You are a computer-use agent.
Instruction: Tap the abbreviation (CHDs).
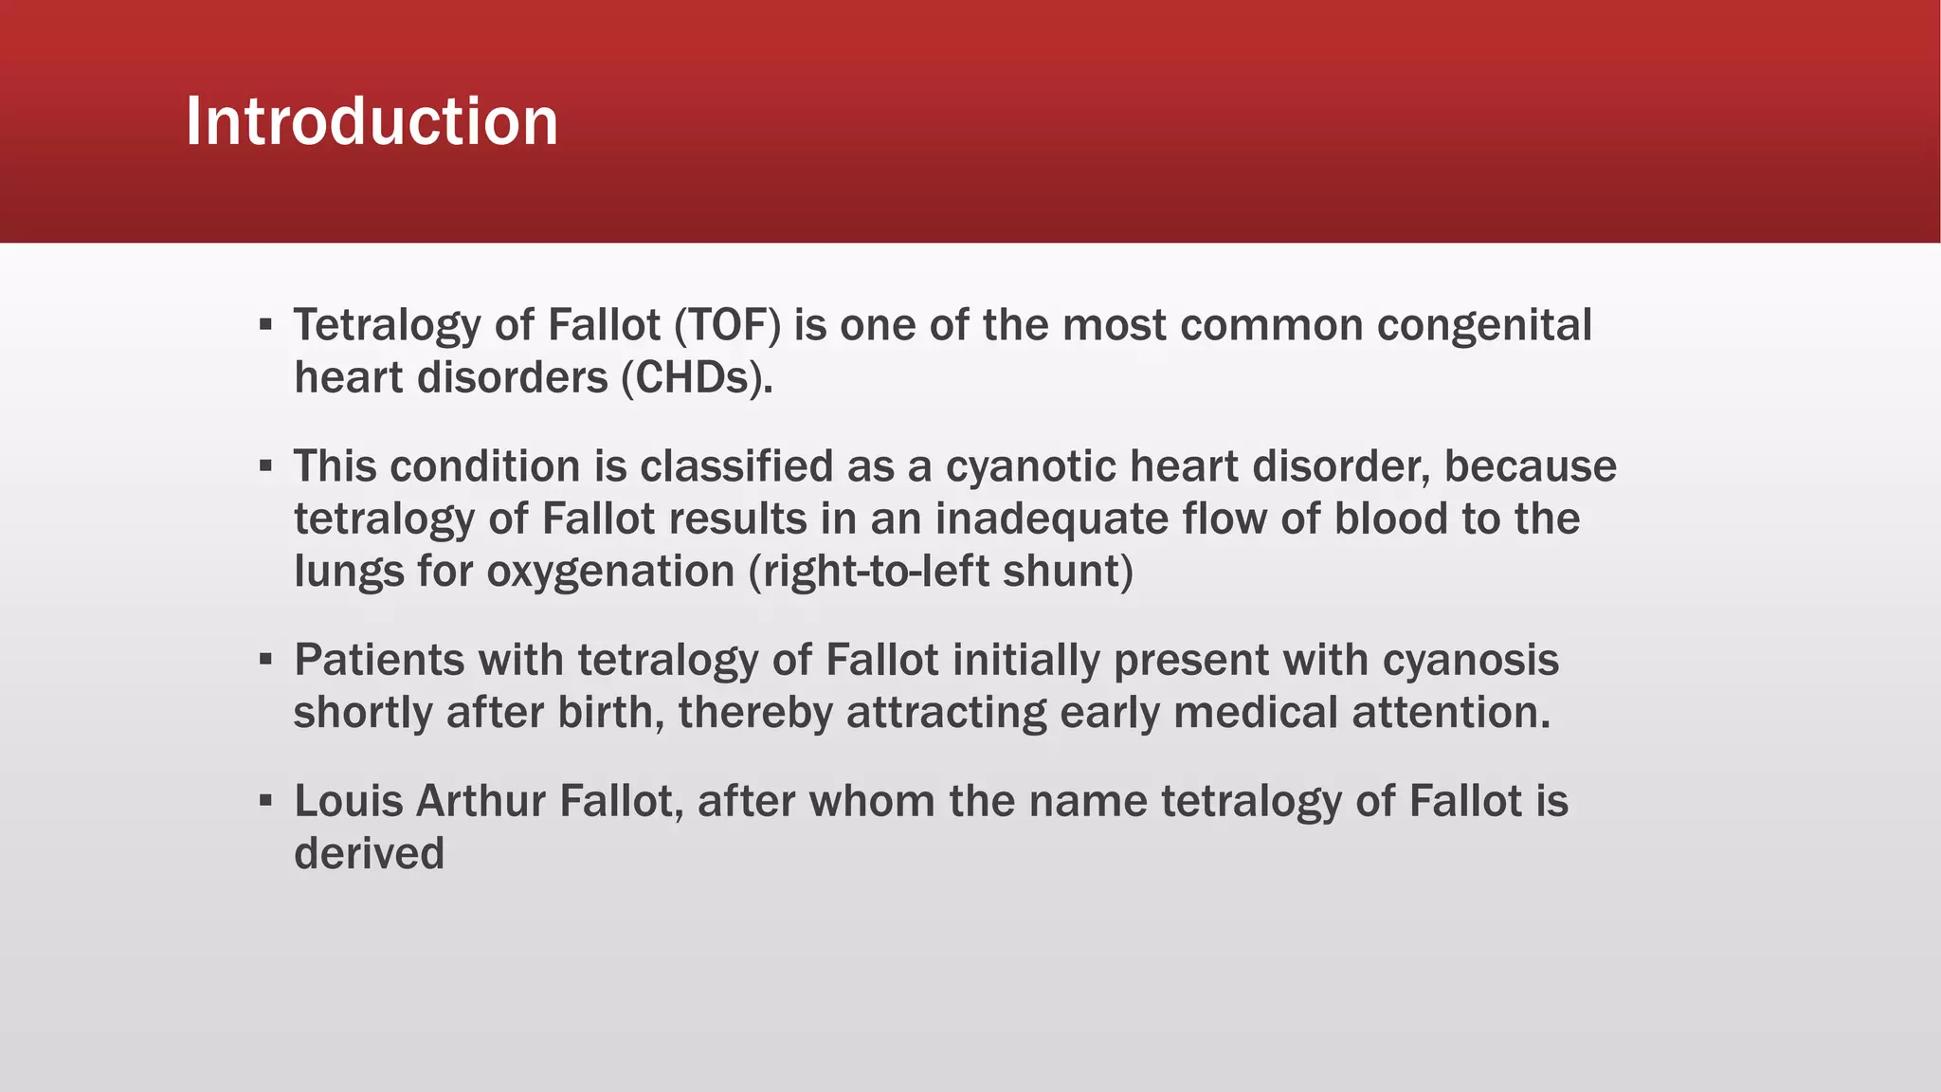[x=698, y=378]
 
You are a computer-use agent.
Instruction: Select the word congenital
[x=1484, y=325]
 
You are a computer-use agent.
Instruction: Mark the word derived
[x=369, y=853]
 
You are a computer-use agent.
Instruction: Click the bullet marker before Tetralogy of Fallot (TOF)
[x=265, y=325]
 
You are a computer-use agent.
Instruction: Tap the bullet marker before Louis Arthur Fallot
[x=265, y=801]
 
